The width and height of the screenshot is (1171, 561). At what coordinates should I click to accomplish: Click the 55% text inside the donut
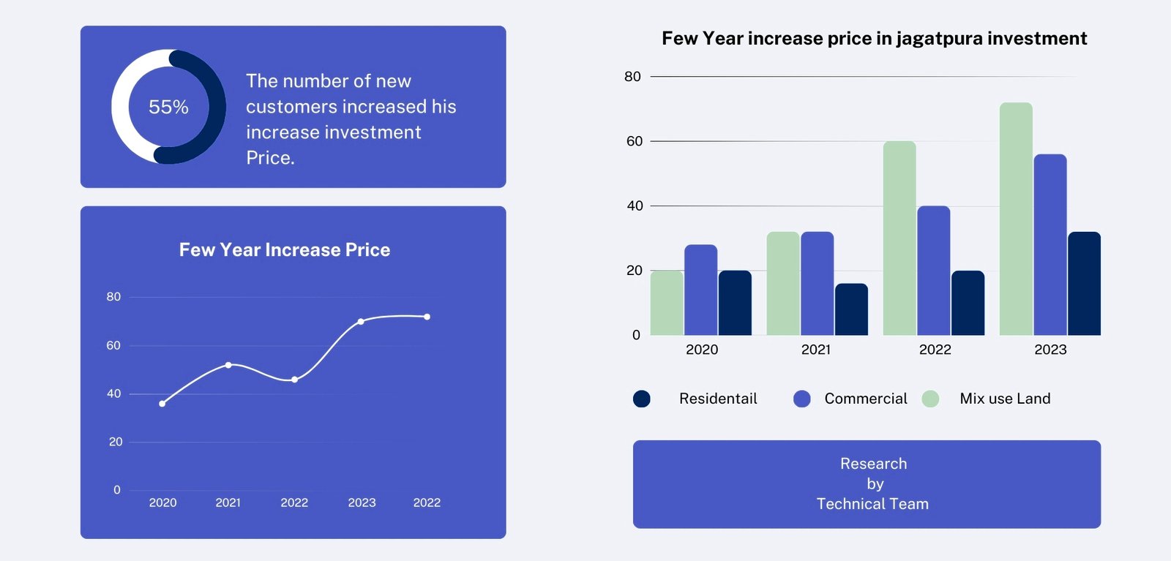click(x=168, y=108)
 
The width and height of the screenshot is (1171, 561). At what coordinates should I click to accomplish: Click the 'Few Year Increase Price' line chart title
click(x=285, y=250)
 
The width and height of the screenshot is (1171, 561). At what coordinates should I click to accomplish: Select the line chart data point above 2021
click(x=228, y=365)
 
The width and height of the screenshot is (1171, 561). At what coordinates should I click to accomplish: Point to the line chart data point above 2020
click(x=162, y=404)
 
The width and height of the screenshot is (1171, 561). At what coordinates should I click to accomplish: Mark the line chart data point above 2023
click(x=361, y=322)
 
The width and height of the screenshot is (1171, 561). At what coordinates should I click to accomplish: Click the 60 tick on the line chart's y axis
click(x=113, y=345)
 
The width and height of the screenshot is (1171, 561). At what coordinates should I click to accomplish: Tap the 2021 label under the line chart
click(x=228, y=502)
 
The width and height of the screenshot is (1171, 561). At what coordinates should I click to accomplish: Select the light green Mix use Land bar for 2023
click(x=1016, y=219)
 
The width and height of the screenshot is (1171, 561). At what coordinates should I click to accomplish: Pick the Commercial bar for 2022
click(x=933, y=271)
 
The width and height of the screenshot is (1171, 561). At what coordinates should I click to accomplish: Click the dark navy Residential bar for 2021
click(x=851, y=309)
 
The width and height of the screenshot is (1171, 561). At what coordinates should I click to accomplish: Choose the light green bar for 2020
click(x=666, y=303)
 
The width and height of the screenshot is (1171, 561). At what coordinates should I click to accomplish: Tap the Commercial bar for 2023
click(x=1050, y=245)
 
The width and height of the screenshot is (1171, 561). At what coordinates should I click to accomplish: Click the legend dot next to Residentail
click(x=642, y=399)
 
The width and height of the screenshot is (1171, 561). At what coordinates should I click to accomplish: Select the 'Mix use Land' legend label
click(x=1005, y=399)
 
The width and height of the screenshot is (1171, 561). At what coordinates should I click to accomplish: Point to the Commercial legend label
click(x=865, y=399)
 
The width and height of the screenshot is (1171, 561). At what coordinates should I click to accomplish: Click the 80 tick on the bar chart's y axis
click(x=632, y=77)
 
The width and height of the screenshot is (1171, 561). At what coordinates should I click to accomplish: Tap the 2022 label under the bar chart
click(x=935, y=350)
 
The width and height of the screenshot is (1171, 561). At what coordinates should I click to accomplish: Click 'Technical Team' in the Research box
click(x=872, y=504)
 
